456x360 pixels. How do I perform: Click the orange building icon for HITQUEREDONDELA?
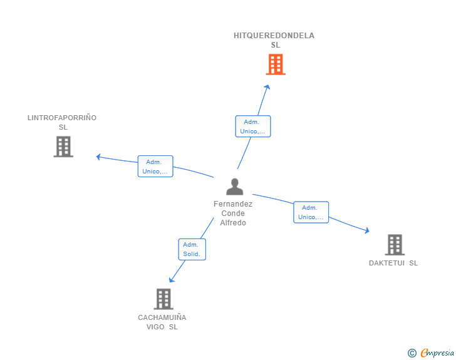[x=276, y=64]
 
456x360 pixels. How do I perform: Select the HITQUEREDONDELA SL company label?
[x=274, y=40]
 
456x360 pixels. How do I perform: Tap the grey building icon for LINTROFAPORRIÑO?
[x=63, y=147]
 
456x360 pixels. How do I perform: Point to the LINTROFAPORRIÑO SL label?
[x=62, y=123]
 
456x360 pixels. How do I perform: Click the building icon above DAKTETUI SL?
[x=395, y=245]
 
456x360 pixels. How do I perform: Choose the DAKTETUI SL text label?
[x=393, y=263]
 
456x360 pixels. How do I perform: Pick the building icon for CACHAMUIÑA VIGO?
[x=163, y=299]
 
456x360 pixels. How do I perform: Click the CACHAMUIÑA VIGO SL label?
[x=162, y=322]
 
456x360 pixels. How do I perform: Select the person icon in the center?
[x=235, y=187]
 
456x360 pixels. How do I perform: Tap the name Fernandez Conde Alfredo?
[x=233, y=213]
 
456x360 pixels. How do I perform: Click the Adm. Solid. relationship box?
[x=192, y=249]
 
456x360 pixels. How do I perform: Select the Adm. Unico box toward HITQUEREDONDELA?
[x=253, y=126]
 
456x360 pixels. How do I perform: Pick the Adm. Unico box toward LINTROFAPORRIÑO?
[x=155, y=167]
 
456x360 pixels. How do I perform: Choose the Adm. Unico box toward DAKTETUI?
[x=311, y=212]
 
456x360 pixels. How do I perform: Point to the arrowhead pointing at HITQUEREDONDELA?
[x=267, y=87]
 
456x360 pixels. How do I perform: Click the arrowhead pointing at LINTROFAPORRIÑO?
[x=98, y=157]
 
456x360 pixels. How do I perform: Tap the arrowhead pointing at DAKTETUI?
[x=367, y=230]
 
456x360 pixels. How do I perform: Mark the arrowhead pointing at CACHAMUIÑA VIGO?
[x=171, y=280]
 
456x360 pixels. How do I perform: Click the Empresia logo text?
[x=437, y=352]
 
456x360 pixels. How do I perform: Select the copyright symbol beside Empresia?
[x=412, y=353]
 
